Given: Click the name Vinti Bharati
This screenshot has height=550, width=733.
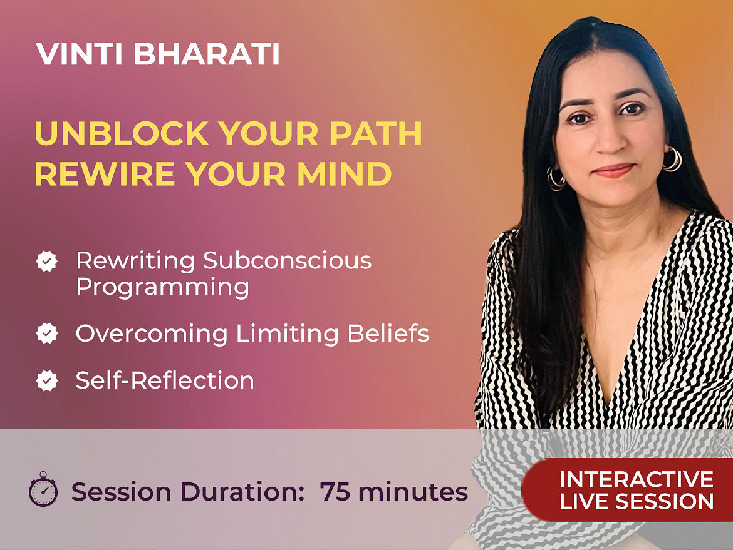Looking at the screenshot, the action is click(157, 54).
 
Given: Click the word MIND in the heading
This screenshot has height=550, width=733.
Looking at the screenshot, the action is click(344, 174).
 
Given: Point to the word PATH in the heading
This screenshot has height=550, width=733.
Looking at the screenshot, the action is click(376, 133).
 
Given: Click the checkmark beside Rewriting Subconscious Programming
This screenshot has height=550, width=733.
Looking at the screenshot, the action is click(47, 261).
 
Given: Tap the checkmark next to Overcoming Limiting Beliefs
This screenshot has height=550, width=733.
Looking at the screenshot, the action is click(47, 334).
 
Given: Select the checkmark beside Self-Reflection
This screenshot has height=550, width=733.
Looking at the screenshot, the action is click(47, 380).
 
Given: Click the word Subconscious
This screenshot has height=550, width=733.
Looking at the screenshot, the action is click(287, 260).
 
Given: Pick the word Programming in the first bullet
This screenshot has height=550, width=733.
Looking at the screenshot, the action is click(162, 287).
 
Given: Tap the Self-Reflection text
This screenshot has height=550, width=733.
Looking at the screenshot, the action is click(165, 380).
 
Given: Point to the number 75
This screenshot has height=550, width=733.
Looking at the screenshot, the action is click(335, 492).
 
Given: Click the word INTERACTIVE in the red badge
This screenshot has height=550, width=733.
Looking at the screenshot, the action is click(637, 479).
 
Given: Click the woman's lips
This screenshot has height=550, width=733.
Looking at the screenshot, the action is click(613, 170).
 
